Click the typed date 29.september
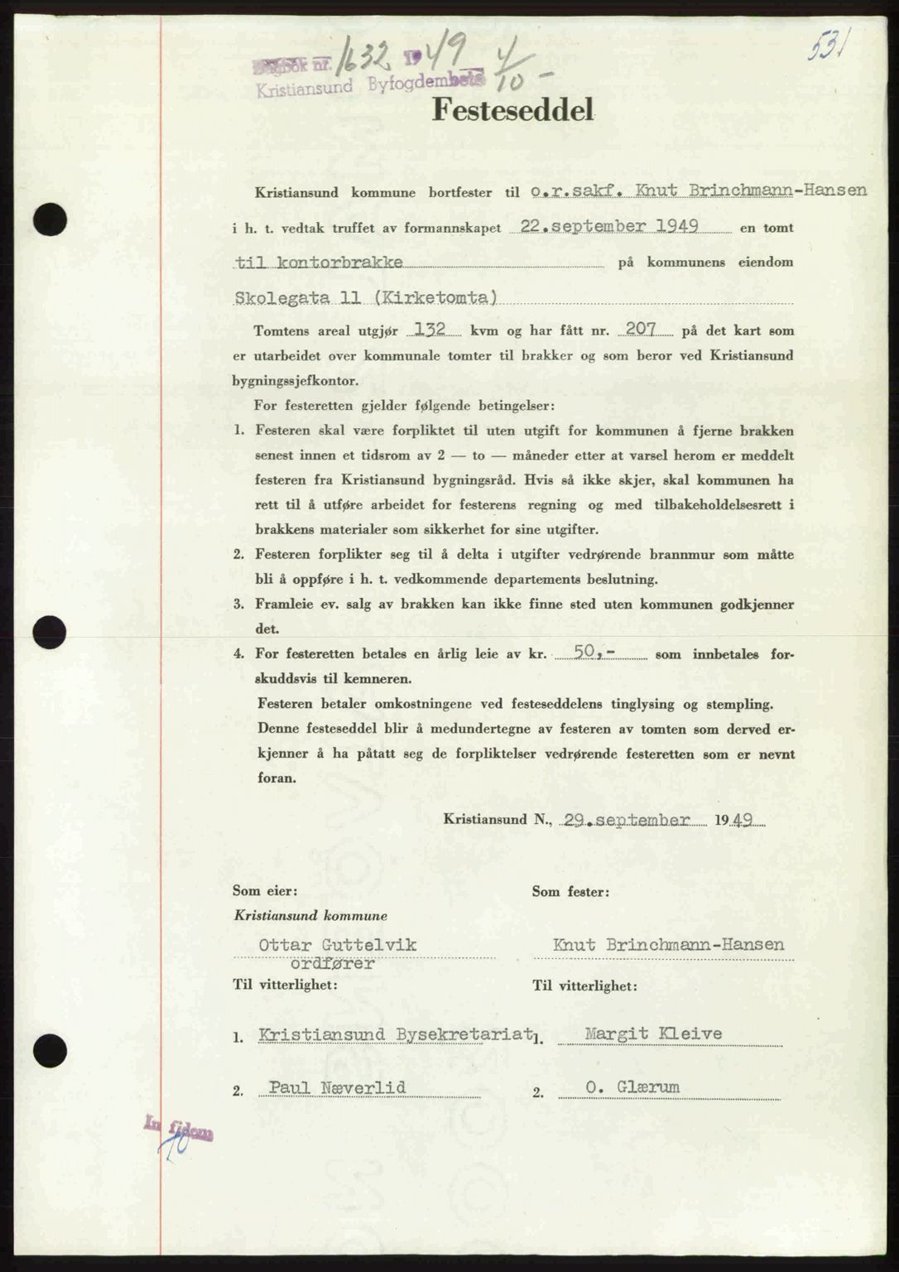click(x=626, y=819)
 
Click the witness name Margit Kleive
click(x=653, y=1033)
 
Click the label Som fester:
click(x=570, y=892)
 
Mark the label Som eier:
click(x=266, y=891)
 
